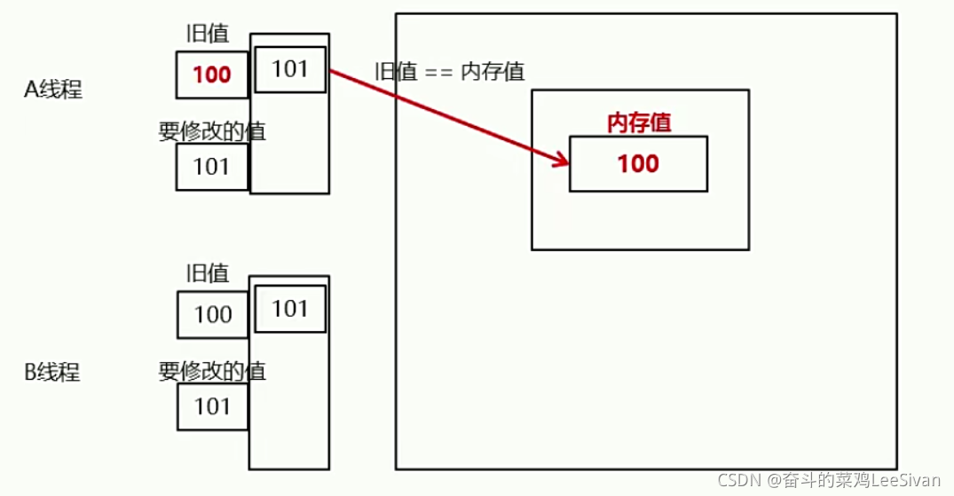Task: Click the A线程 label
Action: pos(53,90)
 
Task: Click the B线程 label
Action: pos(52,372)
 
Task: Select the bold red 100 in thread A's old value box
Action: pos(211,75)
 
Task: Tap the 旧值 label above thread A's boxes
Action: pos(208,34)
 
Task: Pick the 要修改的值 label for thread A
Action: pos(212,131)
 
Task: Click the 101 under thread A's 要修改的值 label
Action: pos(211,167)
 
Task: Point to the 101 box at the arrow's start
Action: pos(289,69)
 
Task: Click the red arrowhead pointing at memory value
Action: pos(561,161)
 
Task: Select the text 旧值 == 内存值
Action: pos(450,73)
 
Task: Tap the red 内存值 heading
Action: pos(638,123)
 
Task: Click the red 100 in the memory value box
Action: pos(638,163)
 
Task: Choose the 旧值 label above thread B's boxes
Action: pos(208,274)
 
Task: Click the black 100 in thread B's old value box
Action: pos(212,314)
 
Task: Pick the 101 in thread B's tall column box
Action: pos(289,309)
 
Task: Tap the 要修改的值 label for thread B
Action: pos(212,371)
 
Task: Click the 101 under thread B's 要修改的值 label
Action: pos(212,406)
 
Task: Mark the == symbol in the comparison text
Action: pos(438,73)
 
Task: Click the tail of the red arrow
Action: pos(332,71)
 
